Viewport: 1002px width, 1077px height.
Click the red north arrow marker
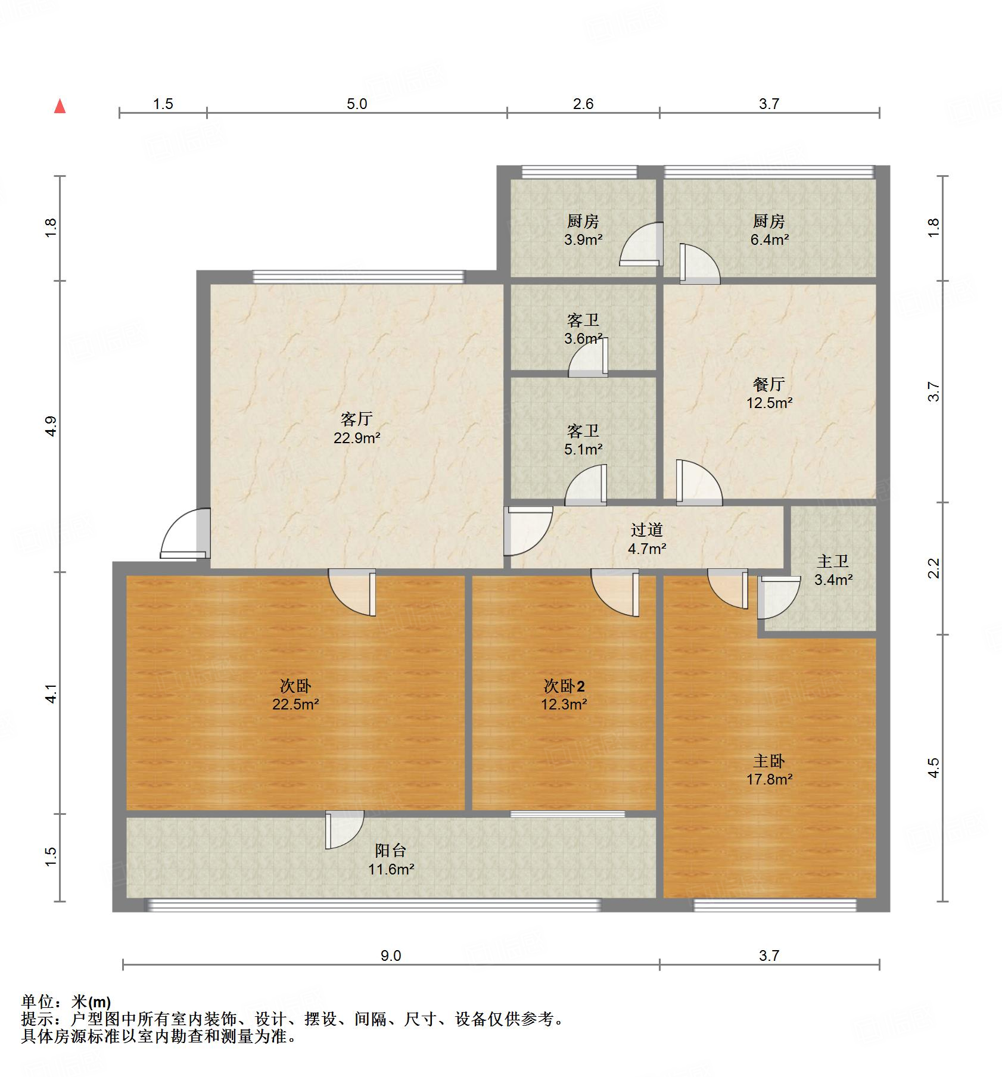60,107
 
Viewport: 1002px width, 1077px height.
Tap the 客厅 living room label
356,419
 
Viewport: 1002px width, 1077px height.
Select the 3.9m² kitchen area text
583,240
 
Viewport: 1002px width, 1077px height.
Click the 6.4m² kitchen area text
768,240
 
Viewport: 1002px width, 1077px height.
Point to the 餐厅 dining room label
768,384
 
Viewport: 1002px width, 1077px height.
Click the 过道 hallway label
646,530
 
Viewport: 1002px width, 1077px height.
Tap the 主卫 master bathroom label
832,561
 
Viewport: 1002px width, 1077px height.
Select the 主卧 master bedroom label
768,761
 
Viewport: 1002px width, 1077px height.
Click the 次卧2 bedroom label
564,686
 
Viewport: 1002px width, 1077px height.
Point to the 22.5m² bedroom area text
295,705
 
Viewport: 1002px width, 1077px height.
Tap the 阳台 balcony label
391,851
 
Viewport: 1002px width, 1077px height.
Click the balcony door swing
344,829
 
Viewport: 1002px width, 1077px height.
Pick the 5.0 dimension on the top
356,104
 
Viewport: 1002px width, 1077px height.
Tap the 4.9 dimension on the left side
51,426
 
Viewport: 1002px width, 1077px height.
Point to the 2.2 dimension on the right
933,568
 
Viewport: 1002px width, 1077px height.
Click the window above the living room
358,276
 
